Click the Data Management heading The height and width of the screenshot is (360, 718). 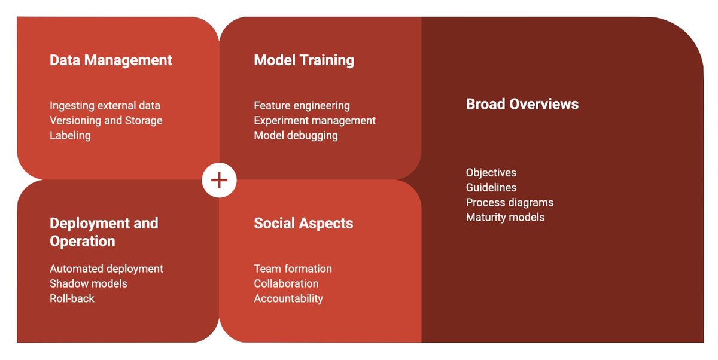(111, 60)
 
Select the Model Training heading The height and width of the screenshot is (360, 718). (304, 60)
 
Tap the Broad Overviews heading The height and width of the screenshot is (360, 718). (522, 104)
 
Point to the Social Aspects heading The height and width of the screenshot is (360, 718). (303, 224)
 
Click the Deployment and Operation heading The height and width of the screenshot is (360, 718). (104, 232)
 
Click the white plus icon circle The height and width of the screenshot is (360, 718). (220, 180)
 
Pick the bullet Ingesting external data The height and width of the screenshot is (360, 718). (105, 106)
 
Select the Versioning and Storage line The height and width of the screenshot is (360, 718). (106, 121)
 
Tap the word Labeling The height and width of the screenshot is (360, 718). (70, 136)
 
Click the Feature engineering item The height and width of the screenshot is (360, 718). (302, 106)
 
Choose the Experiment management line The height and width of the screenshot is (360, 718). (315, 121)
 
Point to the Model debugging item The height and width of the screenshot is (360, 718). (296, 136)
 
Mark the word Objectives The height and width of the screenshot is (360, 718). (491, 173)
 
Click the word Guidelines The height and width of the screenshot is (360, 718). (491, 188)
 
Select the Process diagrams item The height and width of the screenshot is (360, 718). (509, 203)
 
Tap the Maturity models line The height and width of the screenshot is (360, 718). (505, 218)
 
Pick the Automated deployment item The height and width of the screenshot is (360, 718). (107, 269)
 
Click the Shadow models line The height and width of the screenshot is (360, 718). (89, 284)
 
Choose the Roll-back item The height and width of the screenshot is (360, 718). (72, 298)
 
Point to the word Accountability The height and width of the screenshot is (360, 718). (288, 298)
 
